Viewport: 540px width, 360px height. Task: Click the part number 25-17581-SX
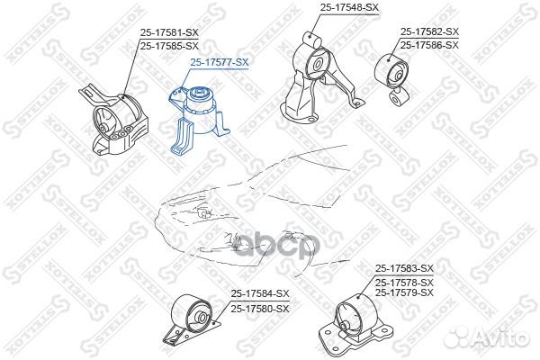point(169,32)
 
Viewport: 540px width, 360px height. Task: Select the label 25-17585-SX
point(169,46)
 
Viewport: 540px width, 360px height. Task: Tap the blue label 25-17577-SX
point(219,62)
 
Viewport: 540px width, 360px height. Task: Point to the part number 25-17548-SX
point(349,7)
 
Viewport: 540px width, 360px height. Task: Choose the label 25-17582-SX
point(429,31)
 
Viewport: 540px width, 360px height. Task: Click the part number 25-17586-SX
point(429,45)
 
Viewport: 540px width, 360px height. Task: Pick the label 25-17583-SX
point(404,267)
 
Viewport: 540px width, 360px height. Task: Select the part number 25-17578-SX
point(404,283)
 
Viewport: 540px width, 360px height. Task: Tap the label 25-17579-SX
point(404,293)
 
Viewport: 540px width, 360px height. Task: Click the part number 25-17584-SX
point(260,293)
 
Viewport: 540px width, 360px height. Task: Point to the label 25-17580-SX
point(260,309)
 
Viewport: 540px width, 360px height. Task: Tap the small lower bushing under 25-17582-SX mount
point(399,98)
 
